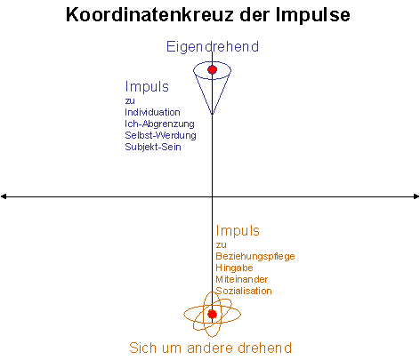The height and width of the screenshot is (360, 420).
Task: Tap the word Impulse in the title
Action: [313, 15]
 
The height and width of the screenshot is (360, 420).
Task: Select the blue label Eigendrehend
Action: [213, 46]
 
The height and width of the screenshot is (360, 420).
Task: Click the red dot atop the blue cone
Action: [212, 69]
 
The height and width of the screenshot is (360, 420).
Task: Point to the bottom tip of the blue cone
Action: [212, 115]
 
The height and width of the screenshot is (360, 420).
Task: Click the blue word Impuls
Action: [147, 87]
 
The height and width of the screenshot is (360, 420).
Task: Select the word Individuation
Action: [152, 112]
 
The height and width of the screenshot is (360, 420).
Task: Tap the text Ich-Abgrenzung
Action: [159, 124]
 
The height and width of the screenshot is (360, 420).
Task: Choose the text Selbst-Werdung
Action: [160, 135]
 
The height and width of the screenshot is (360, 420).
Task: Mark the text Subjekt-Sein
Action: [153, 147]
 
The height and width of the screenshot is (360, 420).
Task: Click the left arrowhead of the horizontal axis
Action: [4, 196]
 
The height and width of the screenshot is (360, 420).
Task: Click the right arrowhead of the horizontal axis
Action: [416, 196]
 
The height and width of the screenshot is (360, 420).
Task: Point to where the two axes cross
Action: [212, 196]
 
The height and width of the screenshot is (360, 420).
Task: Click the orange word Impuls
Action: [238, 231]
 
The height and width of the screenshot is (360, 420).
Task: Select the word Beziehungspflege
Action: [255, 256]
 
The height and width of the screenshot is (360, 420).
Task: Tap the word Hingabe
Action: [234, 268]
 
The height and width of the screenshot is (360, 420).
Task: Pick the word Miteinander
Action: [242, 279]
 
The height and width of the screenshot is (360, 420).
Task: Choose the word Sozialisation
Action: [244, 291]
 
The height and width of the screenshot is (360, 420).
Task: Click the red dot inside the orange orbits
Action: [212, 314]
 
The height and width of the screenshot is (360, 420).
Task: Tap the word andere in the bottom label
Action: [210, 348]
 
